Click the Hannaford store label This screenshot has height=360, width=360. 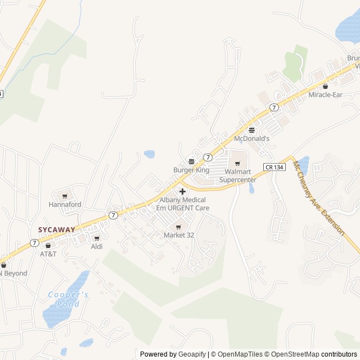click(x=65, y=205)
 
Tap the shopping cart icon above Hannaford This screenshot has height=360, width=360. click(x=65, y=196)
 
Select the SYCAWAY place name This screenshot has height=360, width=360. click(x=56, y=229)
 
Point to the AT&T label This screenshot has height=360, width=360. click(x=48, y=254)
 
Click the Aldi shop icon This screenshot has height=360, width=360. click(x=97, y=238)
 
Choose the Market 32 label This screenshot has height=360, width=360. click(x=179, y=235)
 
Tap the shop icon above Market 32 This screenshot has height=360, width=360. click(x=179, y=227)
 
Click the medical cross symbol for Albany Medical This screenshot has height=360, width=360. click(x=182, y=191)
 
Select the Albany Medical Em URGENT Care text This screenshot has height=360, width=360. click(x=183, y=204)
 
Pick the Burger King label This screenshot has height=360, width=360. click(x=191, y=170)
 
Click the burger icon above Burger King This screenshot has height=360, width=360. click(x=191, y=161)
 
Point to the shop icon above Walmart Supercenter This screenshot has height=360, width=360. click(x=237, y=163)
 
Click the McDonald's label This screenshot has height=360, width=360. click(x=251, y=138)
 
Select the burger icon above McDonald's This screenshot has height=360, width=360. click(x=251, y=130)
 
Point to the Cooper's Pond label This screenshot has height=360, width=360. click(x=68, y=299)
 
